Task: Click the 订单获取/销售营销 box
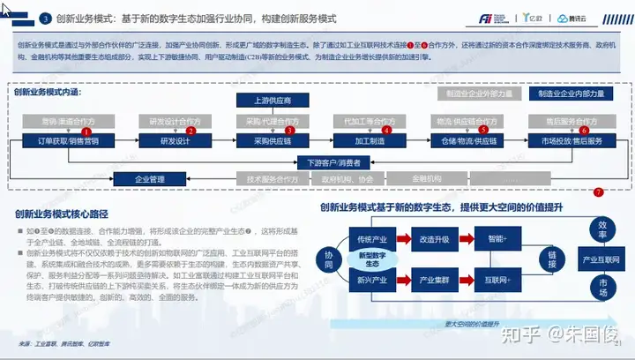[x=66, y=140]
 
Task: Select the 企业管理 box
[x=150, y=179]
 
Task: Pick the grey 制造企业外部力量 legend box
[x=479, y=94]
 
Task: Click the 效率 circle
[x=602, y=229]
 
